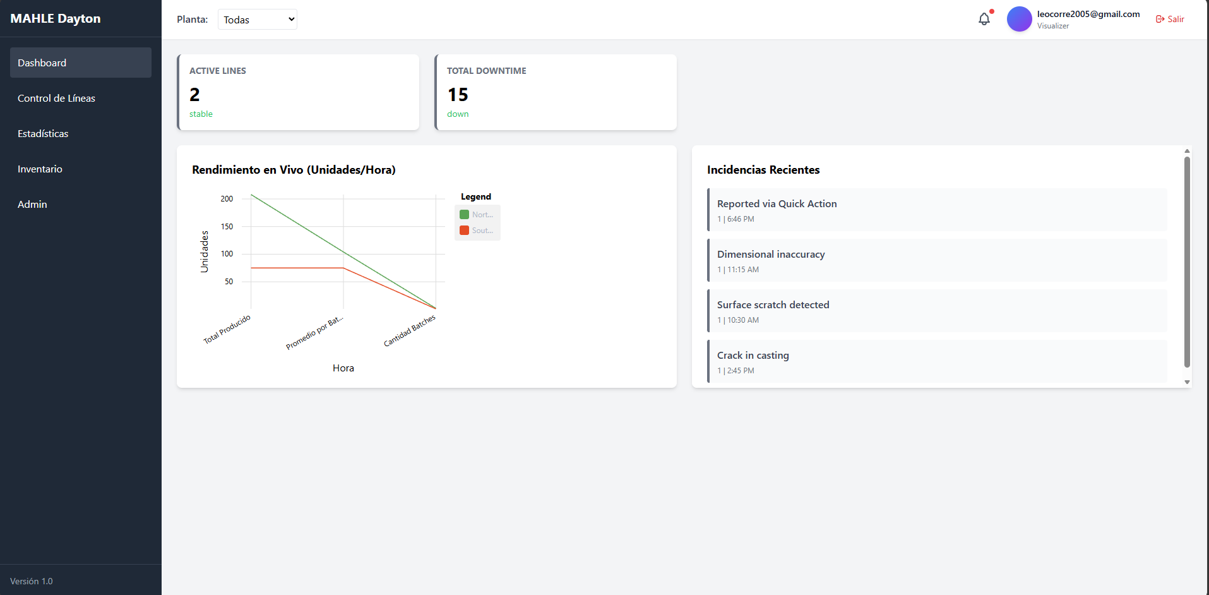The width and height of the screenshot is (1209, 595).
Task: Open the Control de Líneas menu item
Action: click(56, 99)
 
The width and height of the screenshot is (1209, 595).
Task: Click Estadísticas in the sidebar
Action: click(43, 134)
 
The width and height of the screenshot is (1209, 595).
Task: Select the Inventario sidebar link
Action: click(40, 169)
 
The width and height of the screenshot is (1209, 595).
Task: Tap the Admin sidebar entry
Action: click(32, 205)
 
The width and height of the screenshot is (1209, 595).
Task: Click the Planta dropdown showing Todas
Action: click(258, 20)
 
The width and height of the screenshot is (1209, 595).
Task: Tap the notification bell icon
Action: click(984, 19)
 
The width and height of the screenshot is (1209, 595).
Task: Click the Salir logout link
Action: click(1170, 20)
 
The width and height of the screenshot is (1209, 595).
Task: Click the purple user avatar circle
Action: click(1019, 19)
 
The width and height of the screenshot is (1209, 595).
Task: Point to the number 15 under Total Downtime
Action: click(458, 95)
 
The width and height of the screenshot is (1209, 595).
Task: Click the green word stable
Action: click(201, 114)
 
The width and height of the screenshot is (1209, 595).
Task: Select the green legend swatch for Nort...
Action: click(464, 215)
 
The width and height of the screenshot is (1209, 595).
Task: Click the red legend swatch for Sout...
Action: click(464, 231)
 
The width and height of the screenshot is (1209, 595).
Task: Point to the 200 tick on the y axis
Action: click(227, 199)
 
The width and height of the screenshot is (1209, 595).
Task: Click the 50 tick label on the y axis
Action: click(229, 282)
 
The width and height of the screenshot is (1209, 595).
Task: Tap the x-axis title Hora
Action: click(343, 368)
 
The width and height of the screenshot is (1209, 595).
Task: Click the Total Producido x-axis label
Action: click(227, 329)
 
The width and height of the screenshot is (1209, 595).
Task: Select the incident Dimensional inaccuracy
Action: click(771, 255)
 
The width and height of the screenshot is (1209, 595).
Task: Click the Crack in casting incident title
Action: click(753, 356)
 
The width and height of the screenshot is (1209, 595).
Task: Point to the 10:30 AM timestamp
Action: click(743, 320)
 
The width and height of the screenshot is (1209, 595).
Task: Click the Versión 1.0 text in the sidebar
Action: click(32, 581)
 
